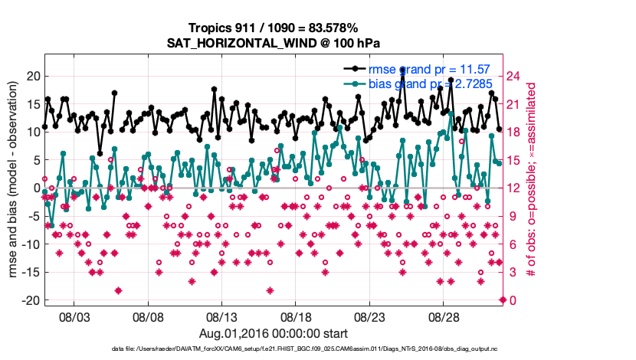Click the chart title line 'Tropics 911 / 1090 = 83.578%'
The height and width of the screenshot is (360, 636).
coord(274,28)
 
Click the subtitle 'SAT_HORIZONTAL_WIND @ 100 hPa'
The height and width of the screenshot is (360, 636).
coord(274,43)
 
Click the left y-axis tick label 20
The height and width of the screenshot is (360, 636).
coord(33,76)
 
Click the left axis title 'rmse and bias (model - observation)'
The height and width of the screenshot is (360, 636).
coord(14,188)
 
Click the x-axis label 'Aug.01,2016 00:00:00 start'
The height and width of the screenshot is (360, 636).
coord(274,334)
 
